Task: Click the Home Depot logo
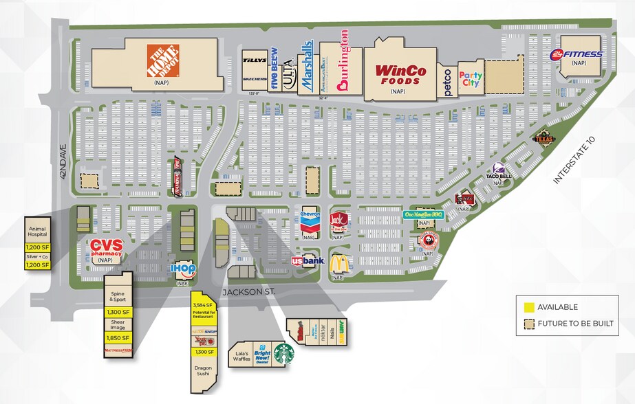(163, 60)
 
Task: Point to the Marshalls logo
(307, 66)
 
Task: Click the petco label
(447, 82)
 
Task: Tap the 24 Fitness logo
(577, 54)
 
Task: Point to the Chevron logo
(310, 221)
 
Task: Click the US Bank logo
(307, 261)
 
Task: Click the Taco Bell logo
(499, 171)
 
